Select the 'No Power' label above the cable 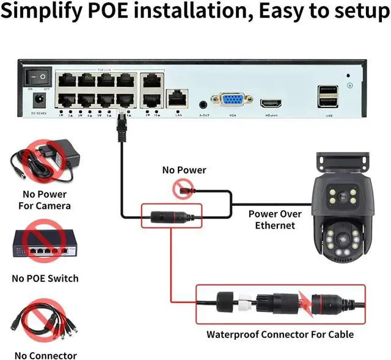pyautogui.click(x=184, y=170)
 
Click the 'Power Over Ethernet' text pyautogui.click(x=275, y=219)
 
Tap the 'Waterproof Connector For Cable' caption pyautogui.click(x=280, y=334)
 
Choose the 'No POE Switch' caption pyautogui.click(x=45, y=279)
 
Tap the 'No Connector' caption pyautogui.click(x=46, y=356)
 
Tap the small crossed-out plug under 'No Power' pyautogui.click(x=182, y=189)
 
